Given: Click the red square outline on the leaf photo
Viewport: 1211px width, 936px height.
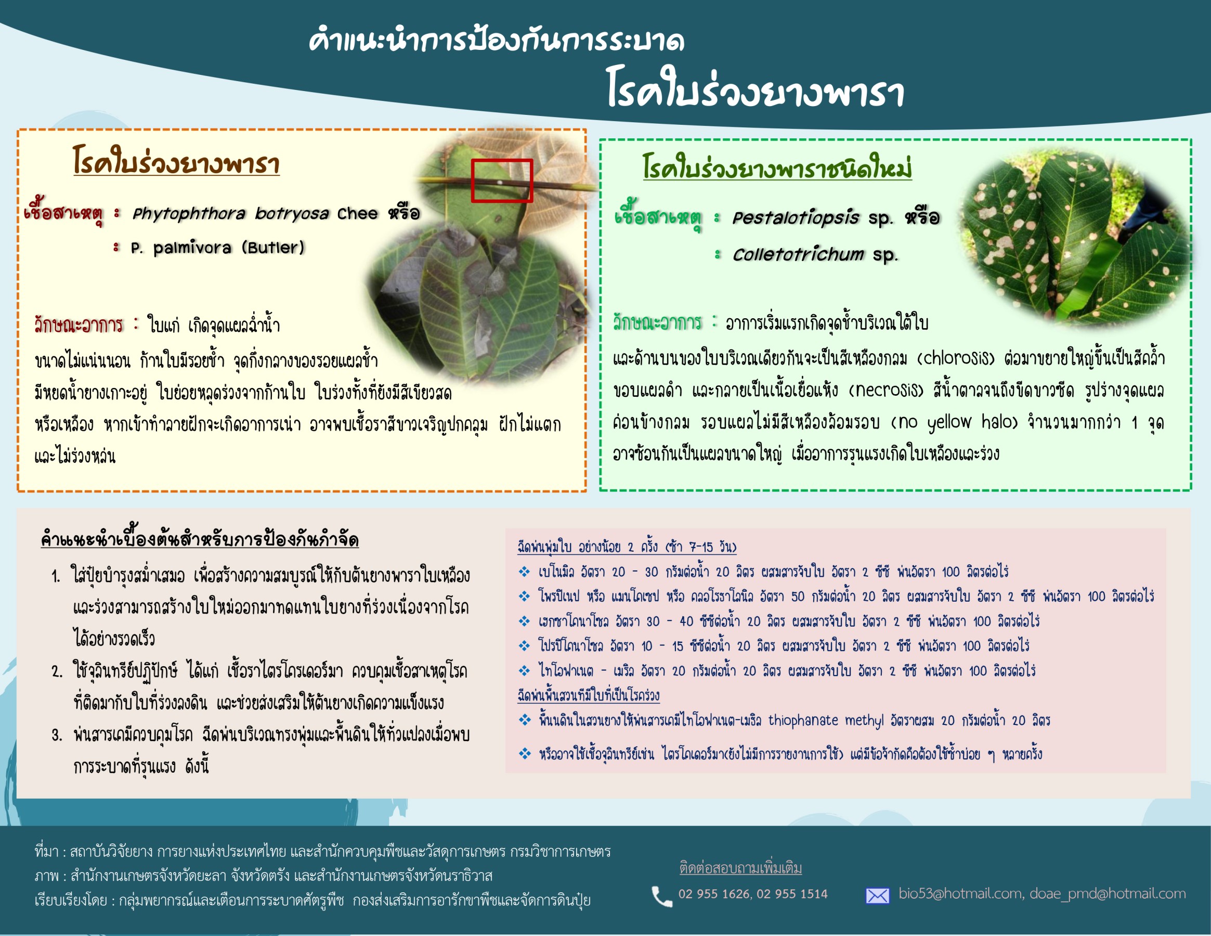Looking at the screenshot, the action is tap(473, 181).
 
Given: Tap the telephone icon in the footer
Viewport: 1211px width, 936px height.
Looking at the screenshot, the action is tap(661, 895).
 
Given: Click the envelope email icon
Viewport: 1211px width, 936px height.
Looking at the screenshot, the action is tap(877, 895).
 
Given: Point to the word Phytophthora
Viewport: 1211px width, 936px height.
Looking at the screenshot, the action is tap(189, 214).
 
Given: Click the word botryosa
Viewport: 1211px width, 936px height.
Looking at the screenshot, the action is tap(292, 214).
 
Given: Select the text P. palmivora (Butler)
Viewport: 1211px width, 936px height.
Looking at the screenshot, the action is tap(218, 248).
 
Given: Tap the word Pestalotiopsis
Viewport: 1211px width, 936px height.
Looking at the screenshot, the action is tap(796, 218).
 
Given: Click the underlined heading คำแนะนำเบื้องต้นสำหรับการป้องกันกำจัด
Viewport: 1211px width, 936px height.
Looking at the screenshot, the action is tap(200, 538).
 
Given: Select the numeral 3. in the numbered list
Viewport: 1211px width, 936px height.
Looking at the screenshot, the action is tap(57, 735).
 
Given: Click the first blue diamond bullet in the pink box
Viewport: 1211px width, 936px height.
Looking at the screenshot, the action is tap(524, 571).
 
